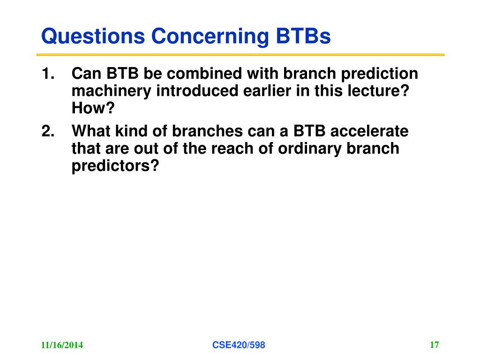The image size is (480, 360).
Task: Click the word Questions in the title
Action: point(93,37)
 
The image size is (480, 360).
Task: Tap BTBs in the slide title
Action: point(303,36)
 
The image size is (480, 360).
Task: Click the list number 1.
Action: point(48,74)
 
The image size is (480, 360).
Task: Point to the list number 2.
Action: point(48,131)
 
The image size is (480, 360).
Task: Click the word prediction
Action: point(380,74)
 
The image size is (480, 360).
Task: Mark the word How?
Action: point(93,108)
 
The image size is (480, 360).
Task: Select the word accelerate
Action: point(369,131)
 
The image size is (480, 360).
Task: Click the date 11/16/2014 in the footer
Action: point(62,345)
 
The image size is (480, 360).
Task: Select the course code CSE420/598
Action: point(239,345)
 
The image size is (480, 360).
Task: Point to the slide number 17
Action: point(435,345)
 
